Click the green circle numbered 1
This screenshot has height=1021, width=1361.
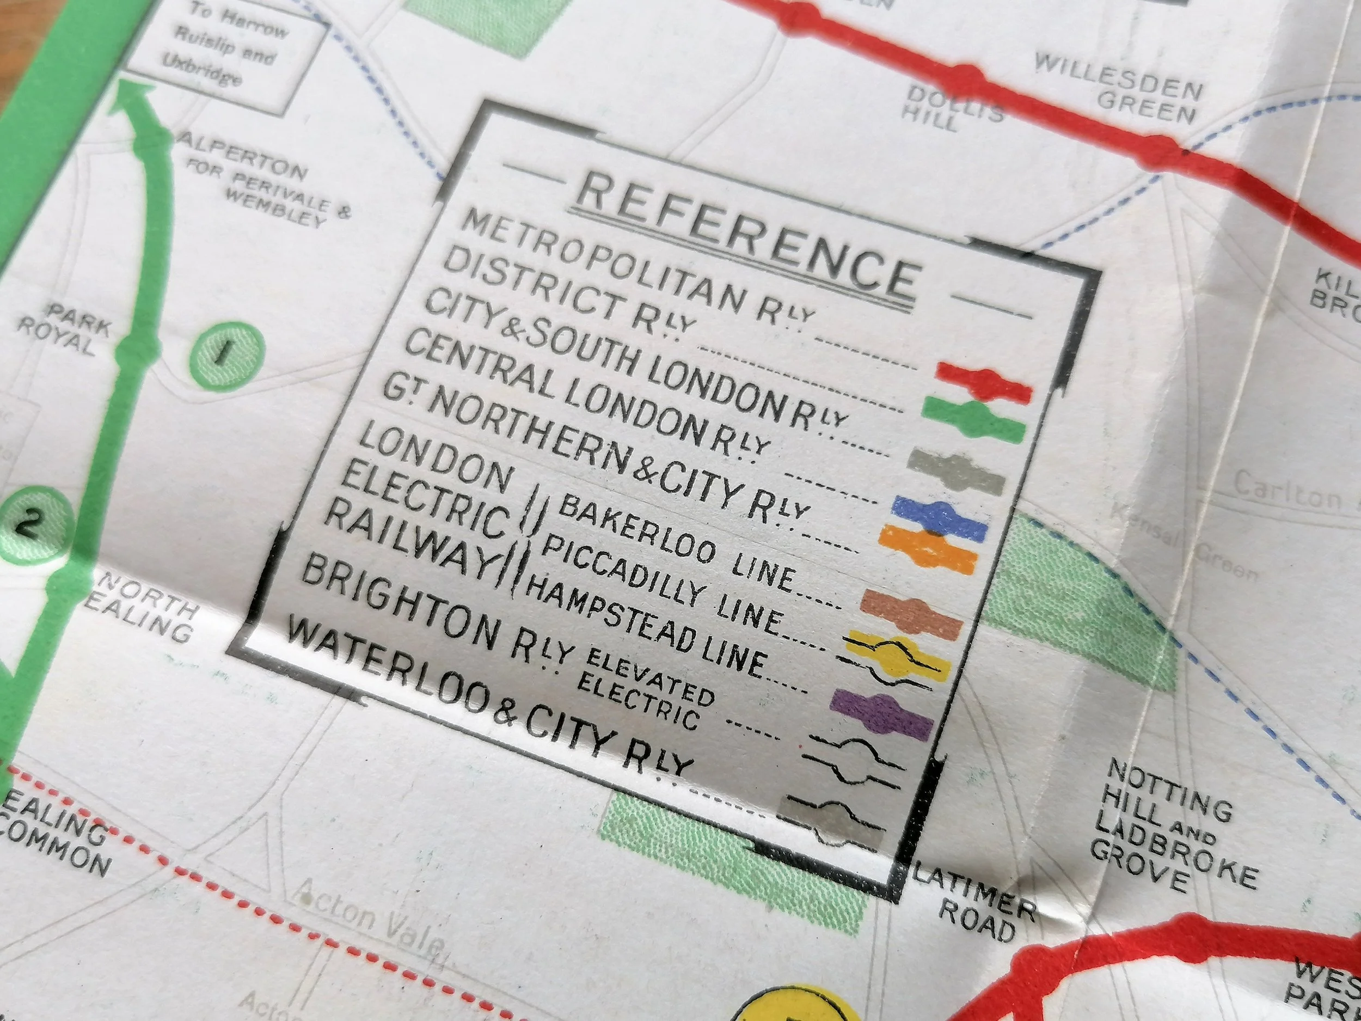click(x=227, y=354)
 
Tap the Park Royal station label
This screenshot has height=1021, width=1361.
click(x=63, y=332)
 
